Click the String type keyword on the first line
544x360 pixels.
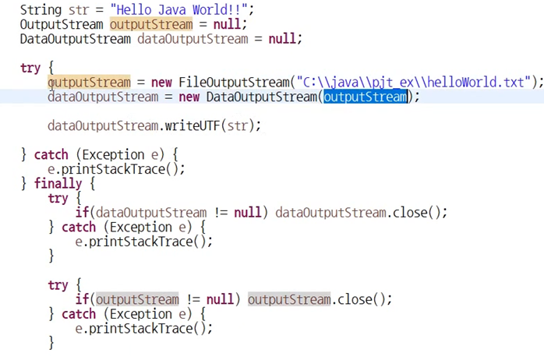tap(40, 10)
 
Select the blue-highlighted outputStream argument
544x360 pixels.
tap(366, 97)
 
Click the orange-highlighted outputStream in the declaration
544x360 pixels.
tap(150, 24)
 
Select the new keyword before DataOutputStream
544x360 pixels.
tap(189, 97)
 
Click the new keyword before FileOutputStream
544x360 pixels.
tap(161, 82)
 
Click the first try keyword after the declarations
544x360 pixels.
tap(30, 68)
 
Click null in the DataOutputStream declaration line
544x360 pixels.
tap(284, 38)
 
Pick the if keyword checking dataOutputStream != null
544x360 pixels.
tap(81, 212)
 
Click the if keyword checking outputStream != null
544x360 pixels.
tap(81, 299)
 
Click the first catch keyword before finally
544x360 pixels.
tap(51, 154)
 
